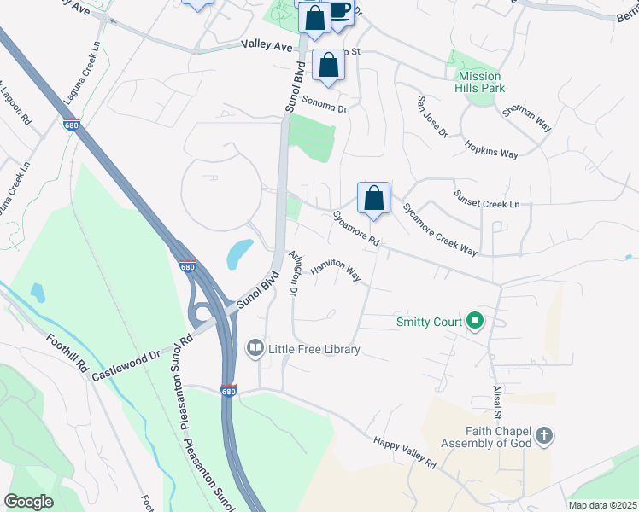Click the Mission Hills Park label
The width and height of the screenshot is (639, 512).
click(x=481, y=82)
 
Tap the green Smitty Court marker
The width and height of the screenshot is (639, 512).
click(x=476, y=322)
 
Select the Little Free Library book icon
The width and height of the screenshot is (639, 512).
click(x=255, y=348)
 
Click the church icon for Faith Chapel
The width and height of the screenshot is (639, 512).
click(x=544, y=437)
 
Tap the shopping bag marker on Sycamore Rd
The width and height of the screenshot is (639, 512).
click(x=373, y=199)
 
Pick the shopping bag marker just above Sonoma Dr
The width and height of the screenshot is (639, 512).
click(x=329, y=66)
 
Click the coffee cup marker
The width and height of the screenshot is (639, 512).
click(x=339, y=10)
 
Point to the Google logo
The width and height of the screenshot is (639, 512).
click(x=28, y=502)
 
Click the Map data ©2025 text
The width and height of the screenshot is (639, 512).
click(x=601, y=505)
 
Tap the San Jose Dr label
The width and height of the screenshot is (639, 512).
click(x=431, y=116)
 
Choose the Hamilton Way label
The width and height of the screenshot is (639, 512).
click(x=335, y=270)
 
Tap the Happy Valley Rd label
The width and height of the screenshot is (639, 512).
click(x=405, y=453)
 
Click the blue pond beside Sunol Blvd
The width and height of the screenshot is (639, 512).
click(x=240, y=252)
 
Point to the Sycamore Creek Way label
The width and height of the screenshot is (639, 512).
click(x=439, y=230)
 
